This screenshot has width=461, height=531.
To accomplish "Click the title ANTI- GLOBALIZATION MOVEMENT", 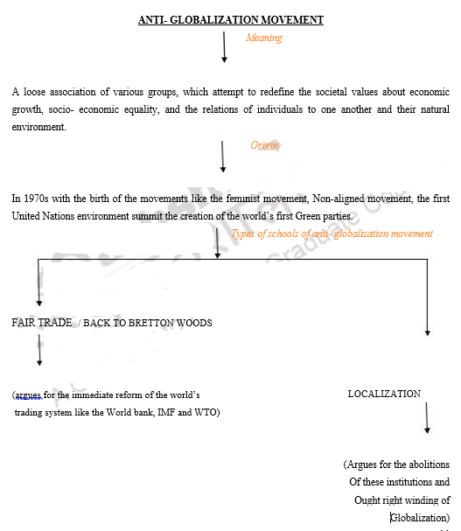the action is tap(231, 20).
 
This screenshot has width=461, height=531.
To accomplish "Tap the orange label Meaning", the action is tap(264, 38).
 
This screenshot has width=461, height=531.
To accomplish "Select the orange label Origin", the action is tap(264, 145).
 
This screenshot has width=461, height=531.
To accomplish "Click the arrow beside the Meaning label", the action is tap(224, 47).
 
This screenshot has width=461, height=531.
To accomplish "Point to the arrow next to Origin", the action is tap(222, 157).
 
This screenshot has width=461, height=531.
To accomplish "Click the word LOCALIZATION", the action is tap(384, 394).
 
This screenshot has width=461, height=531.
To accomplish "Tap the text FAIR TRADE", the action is tap(42, 323).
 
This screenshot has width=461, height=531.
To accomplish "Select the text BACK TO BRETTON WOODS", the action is tap(147, 323).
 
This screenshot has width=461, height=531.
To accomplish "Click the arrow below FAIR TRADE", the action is tap(39, 350).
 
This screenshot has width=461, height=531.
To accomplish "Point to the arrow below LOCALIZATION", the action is tap(427, 418).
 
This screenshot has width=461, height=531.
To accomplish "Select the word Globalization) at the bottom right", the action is tap(420, 518).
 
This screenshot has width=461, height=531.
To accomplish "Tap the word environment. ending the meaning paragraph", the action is tap(39, 127).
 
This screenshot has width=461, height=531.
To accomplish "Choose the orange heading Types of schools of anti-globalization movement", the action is tap(332, 234).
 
